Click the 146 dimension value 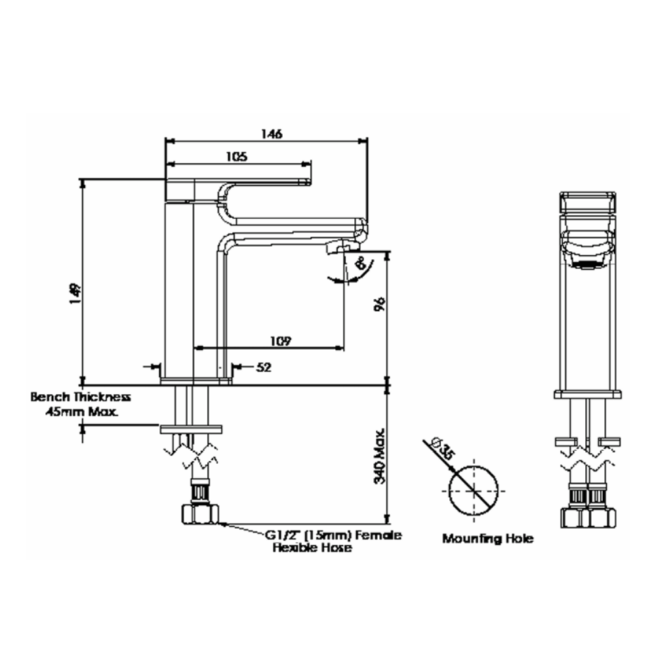point(271,134)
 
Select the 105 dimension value point(237,157)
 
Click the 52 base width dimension point(263,368)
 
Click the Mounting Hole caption point(487,539)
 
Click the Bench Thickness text point(81,397)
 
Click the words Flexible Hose point(312,548)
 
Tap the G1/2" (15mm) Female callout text point(333,535)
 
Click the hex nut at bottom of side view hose point(199,514)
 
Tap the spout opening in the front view point(588,264)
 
